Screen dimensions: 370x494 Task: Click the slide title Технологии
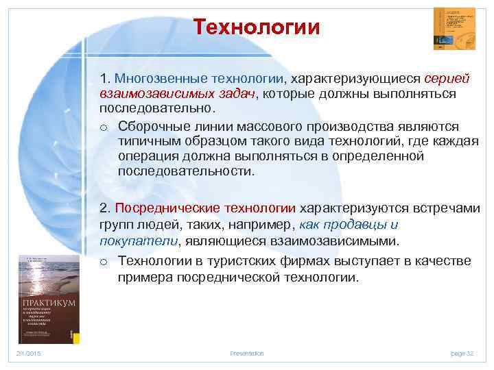click(x=256, y=28)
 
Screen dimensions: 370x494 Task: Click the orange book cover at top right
click(x=454, y=29)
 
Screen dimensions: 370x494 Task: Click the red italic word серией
click(x=447, y=78)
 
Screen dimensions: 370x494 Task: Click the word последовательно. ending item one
click(x=157, y=108)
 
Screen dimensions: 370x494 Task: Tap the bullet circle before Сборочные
click(x=104, y=127)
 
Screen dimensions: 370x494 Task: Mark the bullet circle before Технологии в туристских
click(x=104, y=261)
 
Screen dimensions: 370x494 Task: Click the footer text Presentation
click(x=247, y=353)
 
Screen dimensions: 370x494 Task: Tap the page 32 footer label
click(x=462, y=353)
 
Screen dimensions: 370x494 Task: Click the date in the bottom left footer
click(x=29, y=353)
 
